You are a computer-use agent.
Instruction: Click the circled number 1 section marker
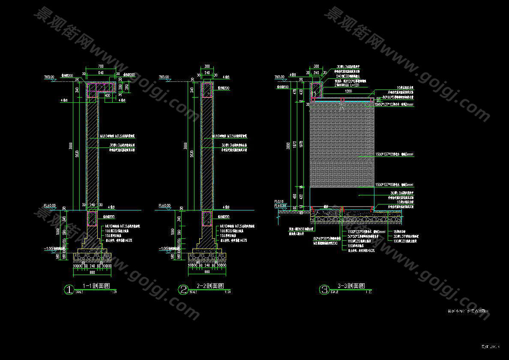(69, 290)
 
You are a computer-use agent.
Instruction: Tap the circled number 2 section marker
(183, 290)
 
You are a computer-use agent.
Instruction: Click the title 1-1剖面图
(96, 286)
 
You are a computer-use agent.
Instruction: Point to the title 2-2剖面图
(210, 286)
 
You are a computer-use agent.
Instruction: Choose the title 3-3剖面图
(351, 286)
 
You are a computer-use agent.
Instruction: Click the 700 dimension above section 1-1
(101, 66)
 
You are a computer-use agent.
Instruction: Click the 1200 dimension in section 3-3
(342, 92)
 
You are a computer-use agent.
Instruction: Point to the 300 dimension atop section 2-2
(207, 66)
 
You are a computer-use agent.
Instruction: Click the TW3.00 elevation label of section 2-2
(164, 77)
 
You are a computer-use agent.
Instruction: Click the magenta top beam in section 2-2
(207, 90)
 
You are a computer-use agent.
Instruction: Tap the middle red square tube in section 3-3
(342, 100)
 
